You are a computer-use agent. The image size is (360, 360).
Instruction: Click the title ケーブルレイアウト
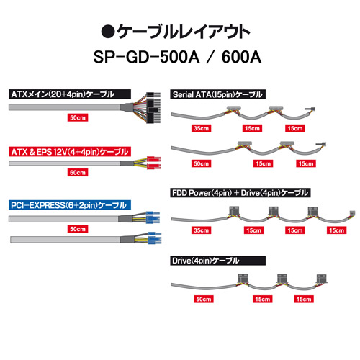184,32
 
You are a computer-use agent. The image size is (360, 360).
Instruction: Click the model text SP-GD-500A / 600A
177,57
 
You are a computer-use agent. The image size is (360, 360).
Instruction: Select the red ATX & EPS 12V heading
70,152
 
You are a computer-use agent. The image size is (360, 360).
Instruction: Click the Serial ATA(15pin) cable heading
217,94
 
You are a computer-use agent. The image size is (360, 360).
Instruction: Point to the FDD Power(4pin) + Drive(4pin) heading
240,193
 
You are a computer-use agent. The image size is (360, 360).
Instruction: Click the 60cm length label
78,172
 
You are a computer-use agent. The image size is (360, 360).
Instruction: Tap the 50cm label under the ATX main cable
78,117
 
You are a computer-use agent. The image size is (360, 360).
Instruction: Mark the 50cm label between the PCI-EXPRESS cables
78,229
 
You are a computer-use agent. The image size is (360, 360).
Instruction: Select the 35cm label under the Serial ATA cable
201,128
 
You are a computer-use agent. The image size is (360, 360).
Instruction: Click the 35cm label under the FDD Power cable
201,230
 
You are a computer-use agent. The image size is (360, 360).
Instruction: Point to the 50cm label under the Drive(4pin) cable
204,299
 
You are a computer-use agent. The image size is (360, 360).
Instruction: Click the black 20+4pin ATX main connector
153,107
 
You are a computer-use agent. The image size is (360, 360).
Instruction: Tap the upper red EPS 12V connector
154,159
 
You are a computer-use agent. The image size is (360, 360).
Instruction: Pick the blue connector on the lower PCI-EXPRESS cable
154,238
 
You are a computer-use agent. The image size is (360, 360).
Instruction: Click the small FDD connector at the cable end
352,213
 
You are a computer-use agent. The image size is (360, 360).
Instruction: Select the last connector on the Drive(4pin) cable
322,279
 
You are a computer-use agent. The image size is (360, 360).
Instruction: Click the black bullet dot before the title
108,32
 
